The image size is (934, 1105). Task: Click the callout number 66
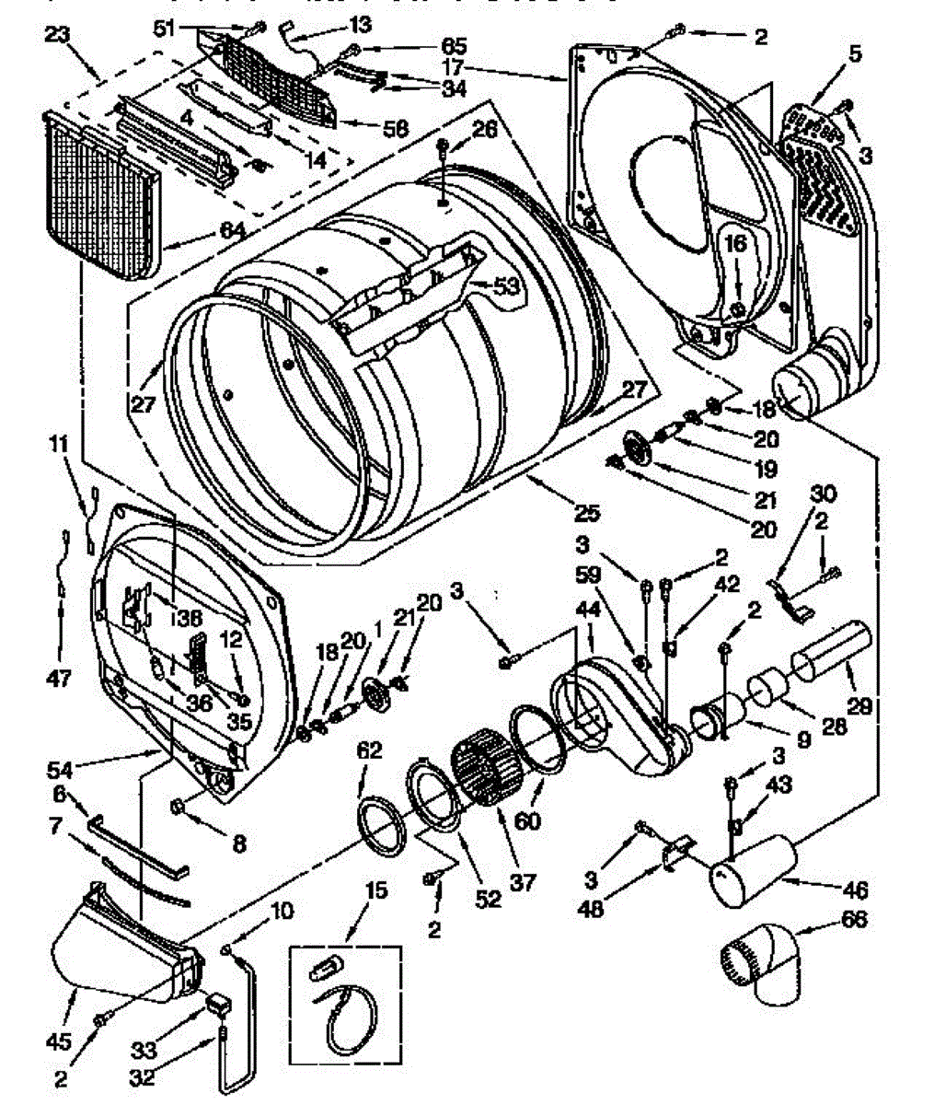[855, 919]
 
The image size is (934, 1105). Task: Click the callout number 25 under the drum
[586, 513]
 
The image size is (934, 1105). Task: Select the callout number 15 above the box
[350, 890]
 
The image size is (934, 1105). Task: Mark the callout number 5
[856, 54]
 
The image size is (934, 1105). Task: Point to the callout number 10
[282, 911]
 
